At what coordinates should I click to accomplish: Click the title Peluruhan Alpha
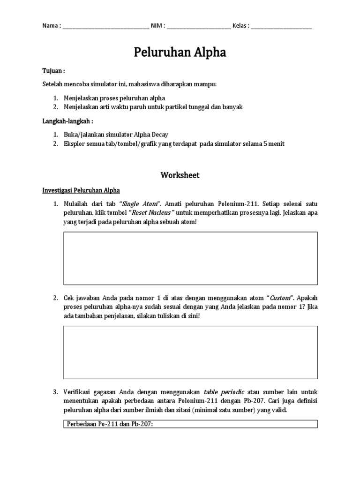coord(180,52)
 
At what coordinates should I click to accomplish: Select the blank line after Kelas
coord(281,27)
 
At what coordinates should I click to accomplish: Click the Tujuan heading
coord(52,71)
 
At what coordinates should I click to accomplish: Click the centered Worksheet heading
coord(180,175)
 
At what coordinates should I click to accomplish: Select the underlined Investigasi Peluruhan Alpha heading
coord(81,190)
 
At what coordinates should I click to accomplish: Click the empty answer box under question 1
coord(190,258)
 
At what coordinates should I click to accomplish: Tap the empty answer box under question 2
coord(190,352)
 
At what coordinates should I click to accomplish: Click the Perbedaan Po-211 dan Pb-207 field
coord(190,424)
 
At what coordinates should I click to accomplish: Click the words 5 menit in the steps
coord(274,144)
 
